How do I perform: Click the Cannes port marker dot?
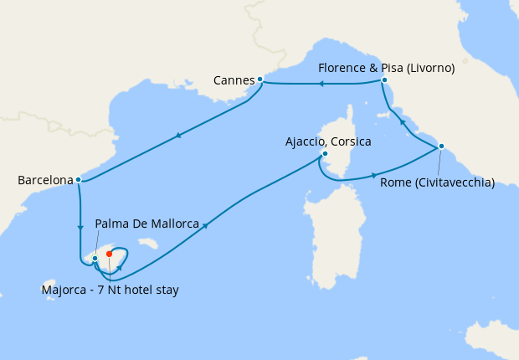click(260, 80)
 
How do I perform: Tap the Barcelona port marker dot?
click(78, 179)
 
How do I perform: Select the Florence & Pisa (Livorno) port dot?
click(384, 80)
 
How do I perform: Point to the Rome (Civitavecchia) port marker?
click(440, 147)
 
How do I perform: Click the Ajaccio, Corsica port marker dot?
click(325, 154)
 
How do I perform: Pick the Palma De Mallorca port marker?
click(95, 258)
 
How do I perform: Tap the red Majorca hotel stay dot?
click(110, 254)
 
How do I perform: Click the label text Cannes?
click(234, 80)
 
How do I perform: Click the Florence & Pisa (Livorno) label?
click(387, 69)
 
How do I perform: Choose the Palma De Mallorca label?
click(147, 224)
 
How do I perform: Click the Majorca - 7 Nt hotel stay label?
click(110, 290)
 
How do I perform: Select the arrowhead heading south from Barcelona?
click(80, 227)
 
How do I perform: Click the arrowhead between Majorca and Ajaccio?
click(203, 225)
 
